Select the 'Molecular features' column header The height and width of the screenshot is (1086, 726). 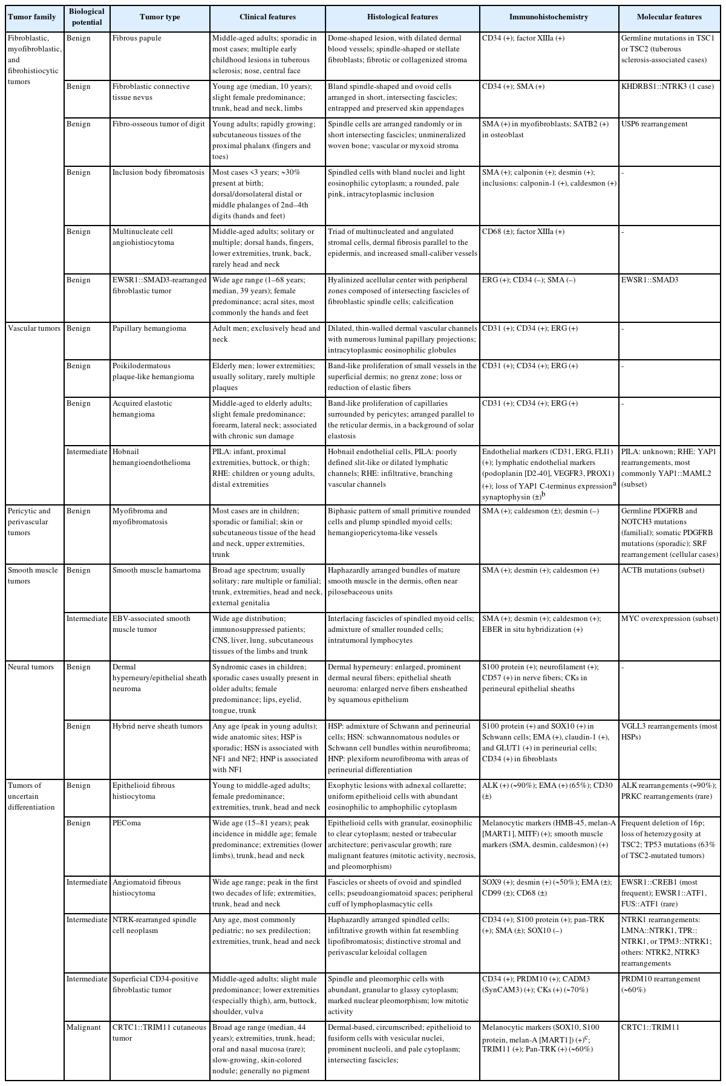point(669,17)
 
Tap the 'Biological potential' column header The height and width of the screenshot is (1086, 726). point(87,17)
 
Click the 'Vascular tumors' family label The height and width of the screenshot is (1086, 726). point(34,329)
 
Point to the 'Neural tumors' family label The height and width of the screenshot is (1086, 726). point(31,668)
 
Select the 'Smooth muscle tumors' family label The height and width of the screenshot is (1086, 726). point(33,576)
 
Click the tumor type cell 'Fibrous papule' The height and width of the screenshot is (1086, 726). point(137,39)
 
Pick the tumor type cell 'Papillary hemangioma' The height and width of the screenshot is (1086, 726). point(149,329)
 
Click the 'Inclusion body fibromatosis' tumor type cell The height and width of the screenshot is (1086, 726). point(158,173)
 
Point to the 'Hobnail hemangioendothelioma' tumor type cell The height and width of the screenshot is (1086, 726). point(151,458)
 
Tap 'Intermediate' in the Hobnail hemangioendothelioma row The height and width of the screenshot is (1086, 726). point(87,452)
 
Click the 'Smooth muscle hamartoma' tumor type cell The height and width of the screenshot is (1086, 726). point(157,571)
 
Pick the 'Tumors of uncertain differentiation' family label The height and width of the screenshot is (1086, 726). point(31,797)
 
